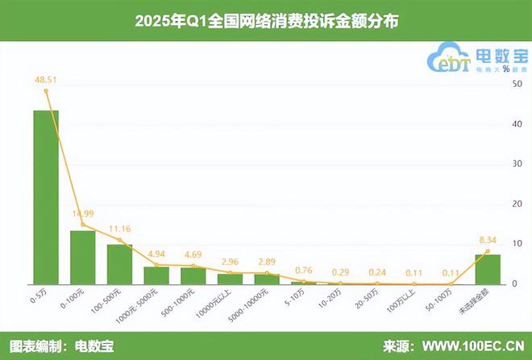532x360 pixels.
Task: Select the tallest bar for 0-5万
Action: pos(45,197)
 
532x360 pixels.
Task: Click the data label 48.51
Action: pos(46,80)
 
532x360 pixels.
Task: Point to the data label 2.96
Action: pos(231,262)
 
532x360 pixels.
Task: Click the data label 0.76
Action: pos(304,270)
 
